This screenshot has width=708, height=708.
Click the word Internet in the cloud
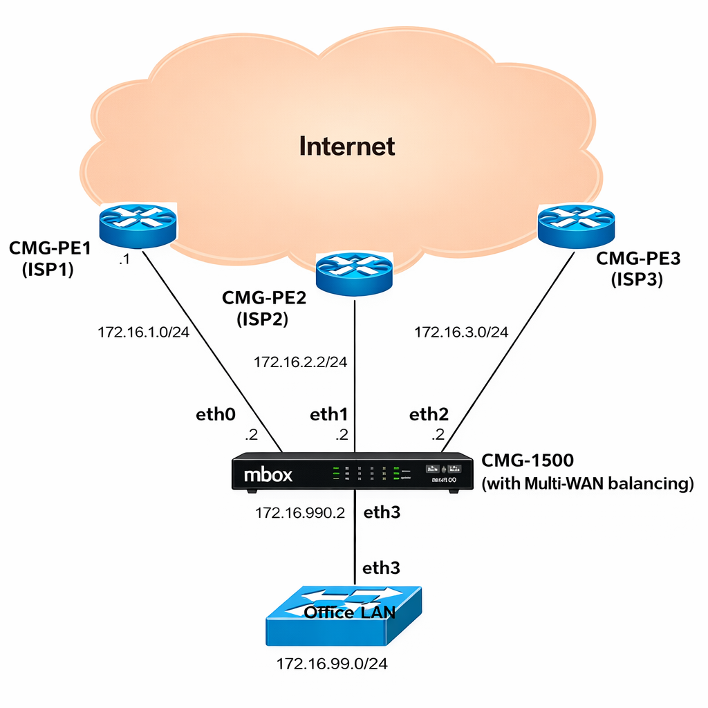(x=347, y=147)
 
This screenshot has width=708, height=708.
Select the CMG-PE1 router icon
(x=137, y=225)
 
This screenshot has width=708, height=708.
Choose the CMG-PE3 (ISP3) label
(x=638, y=269)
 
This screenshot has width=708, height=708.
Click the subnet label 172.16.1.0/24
(x=143, y=332)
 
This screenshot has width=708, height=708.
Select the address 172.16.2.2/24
(x=300, y=362)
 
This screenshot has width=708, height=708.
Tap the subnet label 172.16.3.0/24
(x=461, y=333)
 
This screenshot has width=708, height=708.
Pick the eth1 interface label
(x=328, y=414)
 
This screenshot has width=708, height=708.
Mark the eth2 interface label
(x=429, y=414)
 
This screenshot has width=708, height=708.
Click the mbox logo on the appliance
(x=268, y=475)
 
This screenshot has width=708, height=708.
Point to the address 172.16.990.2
(x=300, y=513)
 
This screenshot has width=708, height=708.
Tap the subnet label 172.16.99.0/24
(x=332, y=664)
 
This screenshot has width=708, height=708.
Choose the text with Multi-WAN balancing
(x=587, y=483)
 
